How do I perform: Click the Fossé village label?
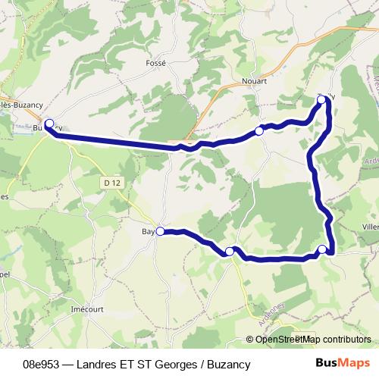(x=155, y=64)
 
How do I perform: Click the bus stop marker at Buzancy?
(x=49, y=124)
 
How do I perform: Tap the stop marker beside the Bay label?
(x=160, y=232)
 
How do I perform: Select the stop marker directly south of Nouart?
(x=259, y=131)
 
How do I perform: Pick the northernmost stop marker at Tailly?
(x=322, y=99)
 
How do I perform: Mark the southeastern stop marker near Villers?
(x=322, y=249)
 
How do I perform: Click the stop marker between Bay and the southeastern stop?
(x=229, y=251)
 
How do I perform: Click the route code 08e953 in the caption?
(x=42, y=364)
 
